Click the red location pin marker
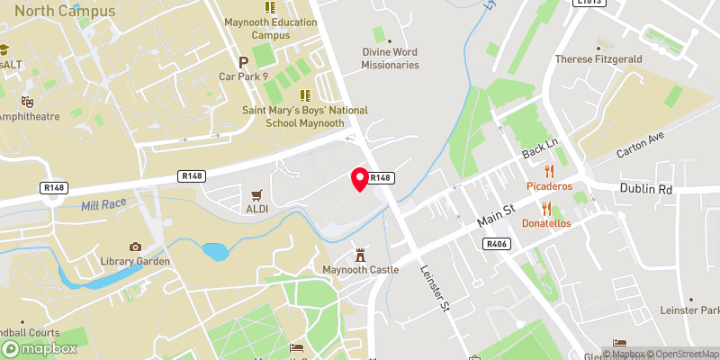[361, 179]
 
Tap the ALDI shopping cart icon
[257, 193]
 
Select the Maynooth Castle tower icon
[361, 255]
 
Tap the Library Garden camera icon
[135, 247]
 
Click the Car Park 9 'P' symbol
[243, 62]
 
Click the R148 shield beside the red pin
[381, 178]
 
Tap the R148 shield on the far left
[54, 188]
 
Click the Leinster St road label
[436, 291]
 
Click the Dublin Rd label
[646, 189]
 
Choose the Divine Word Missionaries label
[391, 58]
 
